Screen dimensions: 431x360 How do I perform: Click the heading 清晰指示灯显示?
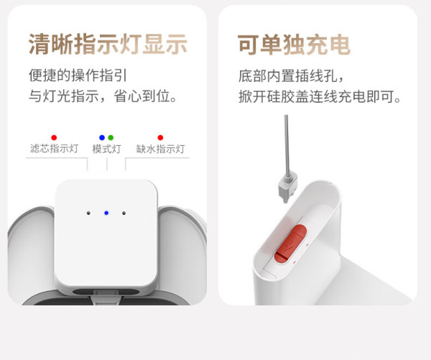pos(108,45)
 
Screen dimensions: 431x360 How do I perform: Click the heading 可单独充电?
pos(294,45)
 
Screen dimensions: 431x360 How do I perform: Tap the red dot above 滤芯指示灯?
pos(54,137)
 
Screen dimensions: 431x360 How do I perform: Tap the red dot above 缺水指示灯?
pos(160,137)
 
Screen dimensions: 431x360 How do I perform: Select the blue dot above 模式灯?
pos(102,137)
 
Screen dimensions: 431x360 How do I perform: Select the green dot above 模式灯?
pos(111,137)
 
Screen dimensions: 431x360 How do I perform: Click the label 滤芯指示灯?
pos(54,149)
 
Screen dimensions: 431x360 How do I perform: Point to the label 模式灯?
pos(106,149)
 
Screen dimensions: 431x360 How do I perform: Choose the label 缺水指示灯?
pos(160,149)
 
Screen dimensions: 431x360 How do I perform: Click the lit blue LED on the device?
pos(106,213)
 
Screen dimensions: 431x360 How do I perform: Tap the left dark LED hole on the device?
pos(88,213)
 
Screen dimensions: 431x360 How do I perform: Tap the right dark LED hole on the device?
pos(124,213)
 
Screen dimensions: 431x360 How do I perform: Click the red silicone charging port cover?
pos(290,244)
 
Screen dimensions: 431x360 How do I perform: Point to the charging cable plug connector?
pos(287,188)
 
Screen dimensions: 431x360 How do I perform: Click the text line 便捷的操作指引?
pos(78,75)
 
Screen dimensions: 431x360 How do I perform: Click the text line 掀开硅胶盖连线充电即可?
pos(320,96)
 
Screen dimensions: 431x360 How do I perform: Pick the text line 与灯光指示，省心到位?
pos(103,96)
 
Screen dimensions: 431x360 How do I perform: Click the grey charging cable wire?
pos(287,146)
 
